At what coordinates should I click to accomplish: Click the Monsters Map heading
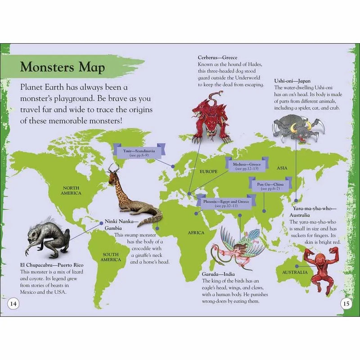[x=63, y=67]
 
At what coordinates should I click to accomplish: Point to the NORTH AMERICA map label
[x=72, y=190]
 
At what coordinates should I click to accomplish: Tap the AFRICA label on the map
[x=196, y=233]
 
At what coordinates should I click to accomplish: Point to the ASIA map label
[x=282, y=168]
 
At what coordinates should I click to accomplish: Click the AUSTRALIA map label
[x=295, y=273]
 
